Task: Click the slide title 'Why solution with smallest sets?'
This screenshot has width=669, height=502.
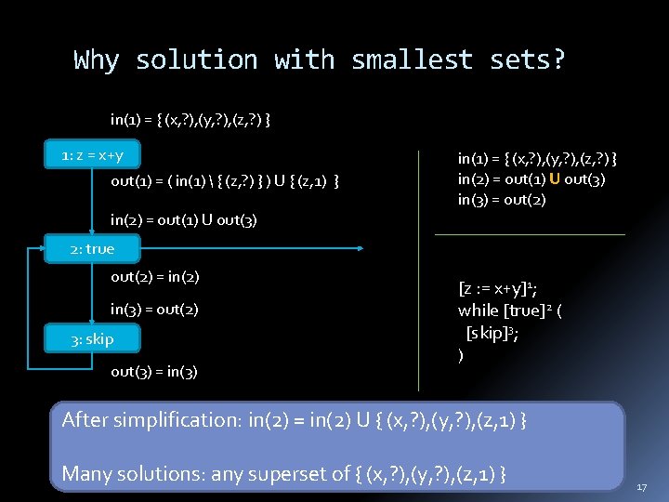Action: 319,60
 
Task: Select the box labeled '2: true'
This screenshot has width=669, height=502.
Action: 93,248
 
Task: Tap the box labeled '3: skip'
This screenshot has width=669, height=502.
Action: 93,338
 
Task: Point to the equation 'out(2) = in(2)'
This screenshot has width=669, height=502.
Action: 155,277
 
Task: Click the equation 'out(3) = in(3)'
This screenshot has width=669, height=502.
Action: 154,372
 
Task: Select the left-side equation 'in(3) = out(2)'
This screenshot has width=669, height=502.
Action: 154,309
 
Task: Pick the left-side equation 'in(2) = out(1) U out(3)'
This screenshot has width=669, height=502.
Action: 184,220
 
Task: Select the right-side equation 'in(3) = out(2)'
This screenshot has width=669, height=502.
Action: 502,200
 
